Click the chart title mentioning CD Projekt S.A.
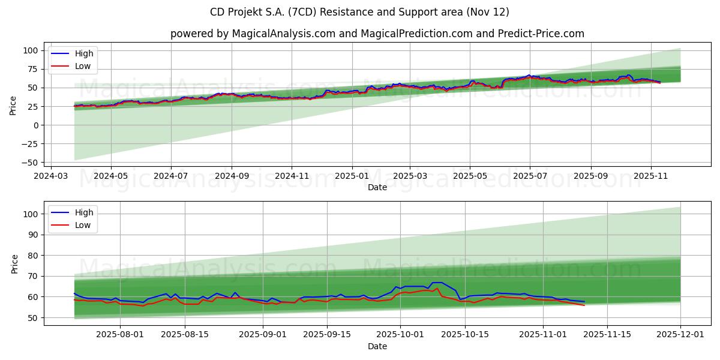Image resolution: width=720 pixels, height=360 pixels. [x=359, y=12]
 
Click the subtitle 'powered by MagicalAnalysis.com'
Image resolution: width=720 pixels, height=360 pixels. [x=377, y=34]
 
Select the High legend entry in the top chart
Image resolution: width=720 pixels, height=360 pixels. [x=84, y=53]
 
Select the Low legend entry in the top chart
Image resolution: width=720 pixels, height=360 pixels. [x=83, y=66]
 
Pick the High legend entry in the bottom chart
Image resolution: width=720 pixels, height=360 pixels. [x=84, y=212]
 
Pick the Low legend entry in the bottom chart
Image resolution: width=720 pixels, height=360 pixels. [x=83, y=225]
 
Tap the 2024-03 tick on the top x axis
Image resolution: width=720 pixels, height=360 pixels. [x=51, y=176]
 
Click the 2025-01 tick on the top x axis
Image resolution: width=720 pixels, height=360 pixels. [x=352, y=176]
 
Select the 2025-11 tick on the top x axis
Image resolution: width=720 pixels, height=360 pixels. [x=651, y=176]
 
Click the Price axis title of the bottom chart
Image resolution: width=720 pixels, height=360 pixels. [x=15, y=263]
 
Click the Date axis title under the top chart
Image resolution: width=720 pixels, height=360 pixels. [x=377, y=188]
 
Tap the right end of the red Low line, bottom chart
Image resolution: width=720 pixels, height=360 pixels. [x=584, y=305]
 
